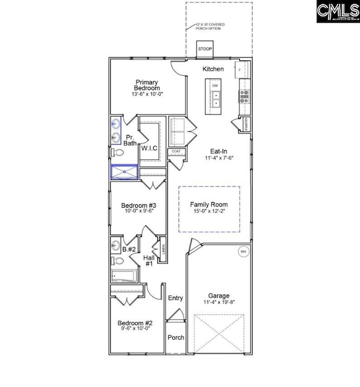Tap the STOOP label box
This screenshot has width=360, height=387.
tap(205, 49)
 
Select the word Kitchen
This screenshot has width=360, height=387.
tap(213, 69)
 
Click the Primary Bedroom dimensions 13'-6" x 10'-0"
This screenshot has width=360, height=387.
tap(147, 94)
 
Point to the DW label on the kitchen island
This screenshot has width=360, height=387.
tap(215, 86)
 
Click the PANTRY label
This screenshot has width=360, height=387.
tap(245, 125)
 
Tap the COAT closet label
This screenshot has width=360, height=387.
tap(176, 151)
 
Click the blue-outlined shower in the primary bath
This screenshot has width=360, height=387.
tap(124, 173)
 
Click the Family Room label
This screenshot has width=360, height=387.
tap(209, 204)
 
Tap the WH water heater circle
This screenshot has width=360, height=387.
tap(243, 252)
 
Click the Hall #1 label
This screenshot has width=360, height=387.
tap(148, 261)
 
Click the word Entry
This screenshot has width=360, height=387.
tap(176, 298)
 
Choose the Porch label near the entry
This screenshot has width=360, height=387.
tap(176, 337)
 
